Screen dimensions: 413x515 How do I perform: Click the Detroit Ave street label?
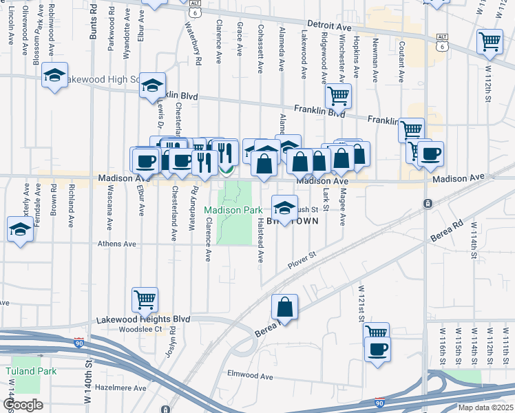tap(329, 25)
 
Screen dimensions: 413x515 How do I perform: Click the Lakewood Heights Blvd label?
tap(143, 319)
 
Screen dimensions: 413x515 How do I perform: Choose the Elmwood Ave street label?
tap(251, 377)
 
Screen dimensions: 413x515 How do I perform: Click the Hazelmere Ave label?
tap(122, 388)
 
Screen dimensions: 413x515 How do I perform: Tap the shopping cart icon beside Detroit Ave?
tap(490, 41)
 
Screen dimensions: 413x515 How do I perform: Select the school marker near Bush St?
tap(284, 206)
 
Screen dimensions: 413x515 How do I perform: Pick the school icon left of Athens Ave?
tap(21, 229)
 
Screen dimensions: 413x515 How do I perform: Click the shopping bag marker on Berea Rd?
tap(284, 307)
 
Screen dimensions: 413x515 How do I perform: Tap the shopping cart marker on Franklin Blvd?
tap(338, 96)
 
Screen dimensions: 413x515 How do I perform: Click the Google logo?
tap(23, 405)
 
